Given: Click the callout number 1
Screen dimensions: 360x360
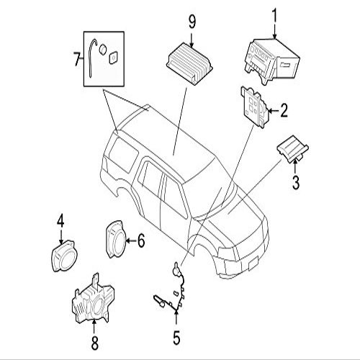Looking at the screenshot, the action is click(x=274, y=16).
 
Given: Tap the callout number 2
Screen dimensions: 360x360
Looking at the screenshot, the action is click(x=284, y=111).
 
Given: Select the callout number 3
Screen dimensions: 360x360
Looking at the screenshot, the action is click(x=296, y=182).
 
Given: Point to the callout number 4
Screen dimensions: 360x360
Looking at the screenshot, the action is click(x=60, y=220).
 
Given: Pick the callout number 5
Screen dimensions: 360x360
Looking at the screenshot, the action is click(x=176, y=338).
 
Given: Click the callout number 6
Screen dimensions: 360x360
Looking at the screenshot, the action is click(x=141, y=240).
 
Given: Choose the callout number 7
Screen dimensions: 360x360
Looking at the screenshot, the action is click(x=76, y=59).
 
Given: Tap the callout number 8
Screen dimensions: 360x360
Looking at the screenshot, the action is click(x=95, y=343).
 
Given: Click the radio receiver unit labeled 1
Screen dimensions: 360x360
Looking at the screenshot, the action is click(x=272, y=60).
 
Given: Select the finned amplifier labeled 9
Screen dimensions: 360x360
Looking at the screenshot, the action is click(x=189, y=64).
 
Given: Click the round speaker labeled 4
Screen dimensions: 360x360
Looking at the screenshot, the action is click(x=63, y=256).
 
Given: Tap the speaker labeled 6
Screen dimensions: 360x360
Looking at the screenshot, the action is click(x=115, y=239).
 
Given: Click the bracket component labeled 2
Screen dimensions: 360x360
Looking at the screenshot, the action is click(x=255, y=107).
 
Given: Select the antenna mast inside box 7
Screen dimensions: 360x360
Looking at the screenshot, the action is click(x=91, y=58).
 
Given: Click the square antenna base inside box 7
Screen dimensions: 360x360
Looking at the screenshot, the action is click(x=113, y=58).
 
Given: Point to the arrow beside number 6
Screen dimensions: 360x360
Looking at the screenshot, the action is click(x=130, y=240).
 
